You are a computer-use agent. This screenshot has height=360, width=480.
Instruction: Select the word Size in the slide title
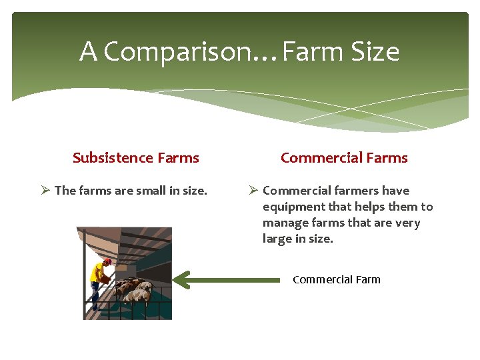point(374,52)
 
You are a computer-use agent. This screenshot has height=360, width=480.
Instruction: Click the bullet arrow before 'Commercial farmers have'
point(253,191)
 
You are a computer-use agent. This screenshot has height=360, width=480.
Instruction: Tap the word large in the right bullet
point(277,239)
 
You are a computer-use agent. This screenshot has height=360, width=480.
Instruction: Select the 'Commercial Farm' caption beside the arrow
point(337,279)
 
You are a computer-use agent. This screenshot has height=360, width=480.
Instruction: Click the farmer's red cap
point(107,261)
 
